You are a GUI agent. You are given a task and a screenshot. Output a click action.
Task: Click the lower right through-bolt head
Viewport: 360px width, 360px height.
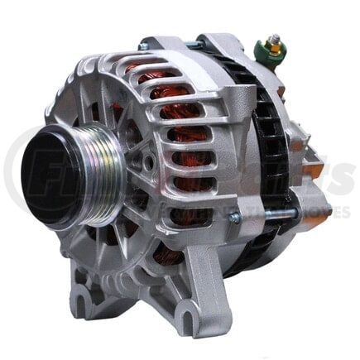[235, 218]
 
